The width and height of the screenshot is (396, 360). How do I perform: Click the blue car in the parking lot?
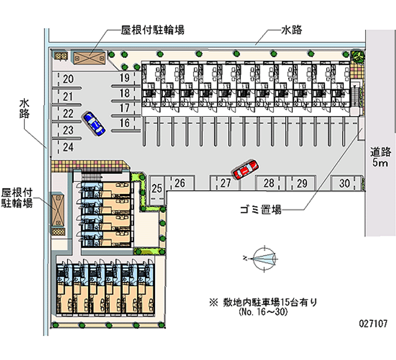94,122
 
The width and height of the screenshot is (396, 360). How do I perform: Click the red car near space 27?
245,169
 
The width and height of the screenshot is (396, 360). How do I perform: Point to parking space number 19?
124,78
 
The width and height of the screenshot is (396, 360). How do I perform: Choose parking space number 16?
124,123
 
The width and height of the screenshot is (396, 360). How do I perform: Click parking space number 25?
157,189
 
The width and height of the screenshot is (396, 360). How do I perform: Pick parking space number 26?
180,184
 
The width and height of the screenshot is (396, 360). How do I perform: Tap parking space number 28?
269,184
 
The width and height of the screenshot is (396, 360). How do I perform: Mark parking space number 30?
345,184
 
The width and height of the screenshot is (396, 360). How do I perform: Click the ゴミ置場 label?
261,210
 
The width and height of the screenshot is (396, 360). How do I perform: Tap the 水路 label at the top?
292,30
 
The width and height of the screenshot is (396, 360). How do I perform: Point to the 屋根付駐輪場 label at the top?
152,30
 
